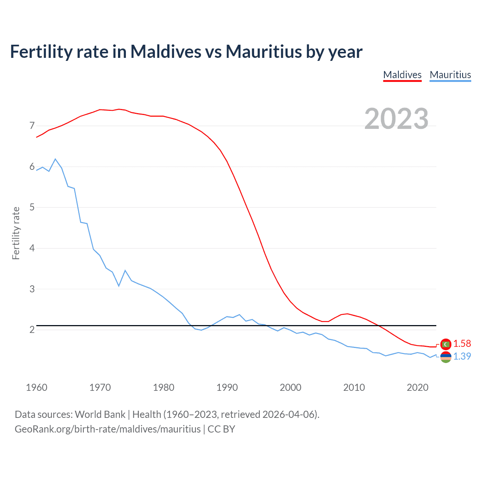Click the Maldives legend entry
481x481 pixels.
pos(402,75)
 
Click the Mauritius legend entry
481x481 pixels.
pos(450,75)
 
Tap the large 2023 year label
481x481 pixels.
pos(396,119)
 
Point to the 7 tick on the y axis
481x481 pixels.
pos(32,126)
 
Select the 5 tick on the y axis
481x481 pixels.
pos(32,207)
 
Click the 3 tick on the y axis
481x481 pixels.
pos(32,289)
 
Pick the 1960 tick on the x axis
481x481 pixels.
pos(36,387)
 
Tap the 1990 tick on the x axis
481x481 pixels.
pos(227,387)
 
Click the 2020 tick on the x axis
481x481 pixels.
pos(417,387)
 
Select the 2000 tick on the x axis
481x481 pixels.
pos(290,387)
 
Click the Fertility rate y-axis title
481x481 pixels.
pos(16,233)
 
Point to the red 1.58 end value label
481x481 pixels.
pos(462,343)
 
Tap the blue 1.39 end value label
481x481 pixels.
pos(462,356)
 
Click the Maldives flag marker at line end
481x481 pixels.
pos(446,344)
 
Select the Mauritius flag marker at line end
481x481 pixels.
pos(446,357)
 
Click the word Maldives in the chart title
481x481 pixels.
pos(166,51)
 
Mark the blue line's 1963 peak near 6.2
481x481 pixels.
pos(55,159)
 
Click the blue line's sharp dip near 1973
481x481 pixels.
pos(119,286)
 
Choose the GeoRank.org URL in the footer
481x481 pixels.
pos(107,429)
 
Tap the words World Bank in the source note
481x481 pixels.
pos(100,414)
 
